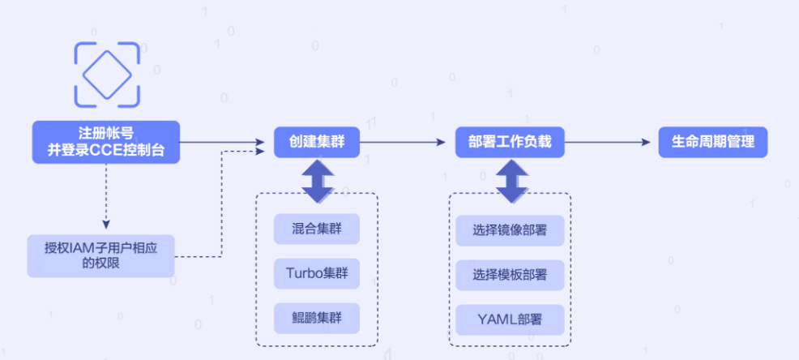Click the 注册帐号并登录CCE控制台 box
105,142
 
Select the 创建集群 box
316,142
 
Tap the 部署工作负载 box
510,142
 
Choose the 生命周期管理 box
713,142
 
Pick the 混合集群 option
317,229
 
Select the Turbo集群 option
317,273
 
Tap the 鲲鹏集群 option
317,317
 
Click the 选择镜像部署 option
510,229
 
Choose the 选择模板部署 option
510,274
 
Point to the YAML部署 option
510,318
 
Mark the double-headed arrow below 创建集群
317,180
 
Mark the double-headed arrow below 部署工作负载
510,180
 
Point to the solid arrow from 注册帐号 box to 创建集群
223,142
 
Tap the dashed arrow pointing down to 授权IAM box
105,195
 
